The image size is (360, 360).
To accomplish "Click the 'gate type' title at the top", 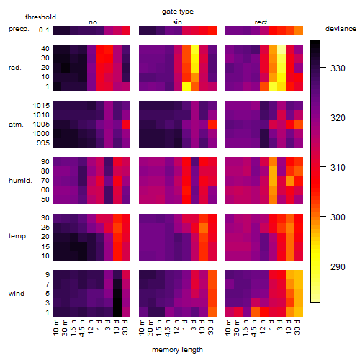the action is [x=178, y=12].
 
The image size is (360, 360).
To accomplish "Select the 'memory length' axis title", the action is [x=177, y=350].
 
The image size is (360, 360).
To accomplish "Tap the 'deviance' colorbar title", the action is [x=341, y=29].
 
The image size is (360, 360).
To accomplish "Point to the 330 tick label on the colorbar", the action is [x=338, y=68].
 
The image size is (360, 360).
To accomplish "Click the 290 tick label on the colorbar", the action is [x=338, y=266].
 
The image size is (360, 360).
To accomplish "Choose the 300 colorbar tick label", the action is [x=338, y=217].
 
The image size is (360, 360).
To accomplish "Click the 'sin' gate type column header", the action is [x=177, y=22].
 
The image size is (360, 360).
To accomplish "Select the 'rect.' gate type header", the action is [x=261, y=22].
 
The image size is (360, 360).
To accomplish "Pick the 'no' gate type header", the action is [x=93, y=22].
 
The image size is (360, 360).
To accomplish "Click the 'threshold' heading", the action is [x=40, y=17].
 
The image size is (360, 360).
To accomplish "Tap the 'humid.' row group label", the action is [x=20, y=181].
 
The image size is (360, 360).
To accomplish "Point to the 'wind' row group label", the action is [x=17, y=294].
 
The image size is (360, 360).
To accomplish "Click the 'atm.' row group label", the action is [x=16, y=125].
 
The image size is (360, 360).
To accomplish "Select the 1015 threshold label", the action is [x=41, y=106].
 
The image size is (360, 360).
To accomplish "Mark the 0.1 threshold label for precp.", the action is [x=44, y=30].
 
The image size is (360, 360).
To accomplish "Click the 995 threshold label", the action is [x=43, y=143].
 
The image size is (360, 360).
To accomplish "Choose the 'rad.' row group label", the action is [x=15, y=68].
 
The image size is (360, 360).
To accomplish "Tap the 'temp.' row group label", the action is [x=18, y=236].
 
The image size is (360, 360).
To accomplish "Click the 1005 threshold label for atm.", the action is [x=41, y=125].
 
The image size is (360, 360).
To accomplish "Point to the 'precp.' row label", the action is [x=19, y=29].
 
